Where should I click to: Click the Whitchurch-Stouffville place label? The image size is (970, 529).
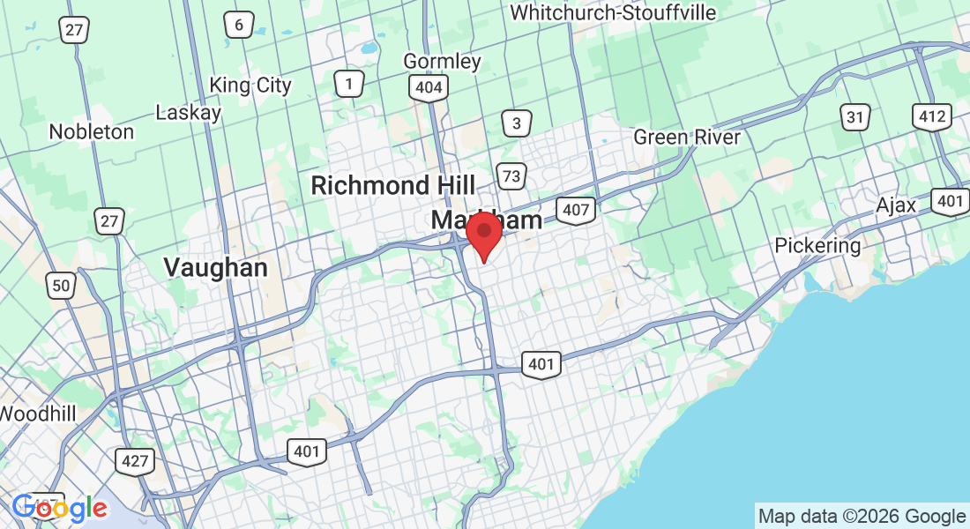[x=613, y=13]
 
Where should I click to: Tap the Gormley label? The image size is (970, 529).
[x=442, y=61]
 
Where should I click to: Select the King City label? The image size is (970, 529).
[x=250, y=85]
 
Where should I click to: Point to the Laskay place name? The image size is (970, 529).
[x=188, y=112]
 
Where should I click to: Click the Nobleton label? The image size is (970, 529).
[x=91, y=131]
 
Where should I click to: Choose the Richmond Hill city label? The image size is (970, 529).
[x=392, y=185]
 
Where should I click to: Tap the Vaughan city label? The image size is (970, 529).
[x=216, y=267]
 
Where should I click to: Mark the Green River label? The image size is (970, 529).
[x=687, y=138]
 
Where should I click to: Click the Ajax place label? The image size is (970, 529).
[x=896, y=205]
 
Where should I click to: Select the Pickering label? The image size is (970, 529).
[x=817, y=245]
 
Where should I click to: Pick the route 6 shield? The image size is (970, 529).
[x=238, y=25]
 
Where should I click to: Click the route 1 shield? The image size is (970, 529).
[x=349, y=84]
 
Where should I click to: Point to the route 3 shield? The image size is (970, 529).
[x=517, y=123]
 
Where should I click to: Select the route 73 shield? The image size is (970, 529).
[x=511, y=175]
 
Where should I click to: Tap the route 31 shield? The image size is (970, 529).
[x=854, y=116]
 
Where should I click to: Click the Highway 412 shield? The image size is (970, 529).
[x=932, y=115]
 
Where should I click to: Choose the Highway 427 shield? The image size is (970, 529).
[x=134, y=460]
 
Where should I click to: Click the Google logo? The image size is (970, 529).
[x=60, y=508]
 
